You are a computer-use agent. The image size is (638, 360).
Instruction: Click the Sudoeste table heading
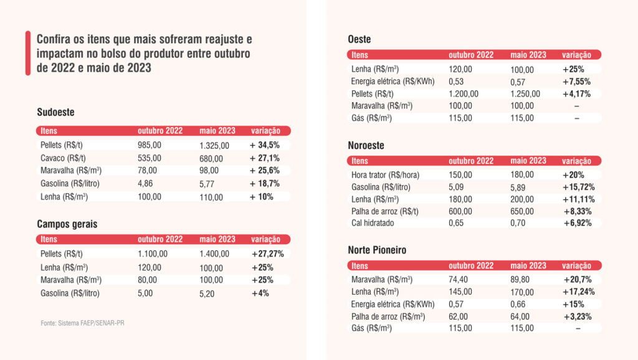(x=56, y=113)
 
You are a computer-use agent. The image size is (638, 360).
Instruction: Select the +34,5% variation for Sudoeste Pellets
(x=265, y=144)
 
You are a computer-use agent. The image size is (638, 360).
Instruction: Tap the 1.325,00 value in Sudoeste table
(x=214, y=145)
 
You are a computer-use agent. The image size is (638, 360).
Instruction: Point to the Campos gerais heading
(x=67, y=223)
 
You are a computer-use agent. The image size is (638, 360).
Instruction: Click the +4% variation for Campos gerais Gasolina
(x=260, y=293)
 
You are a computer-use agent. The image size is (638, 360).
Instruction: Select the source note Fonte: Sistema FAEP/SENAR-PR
(x=78, y=323)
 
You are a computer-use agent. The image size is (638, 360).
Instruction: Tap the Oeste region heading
(x=359, y=40)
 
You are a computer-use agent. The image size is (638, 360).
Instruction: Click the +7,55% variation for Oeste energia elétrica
(x=576, y=82)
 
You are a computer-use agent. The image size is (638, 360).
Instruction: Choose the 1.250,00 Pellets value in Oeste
(x=525, y=93)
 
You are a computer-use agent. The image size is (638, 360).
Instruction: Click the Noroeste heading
(x=366, y=145)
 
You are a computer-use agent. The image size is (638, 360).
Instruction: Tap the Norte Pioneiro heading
(x=377, y=250)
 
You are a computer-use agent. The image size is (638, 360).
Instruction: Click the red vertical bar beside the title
(x=28, y=53)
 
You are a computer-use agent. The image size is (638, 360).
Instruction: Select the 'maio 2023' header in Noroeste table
(x=528, y=161)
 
